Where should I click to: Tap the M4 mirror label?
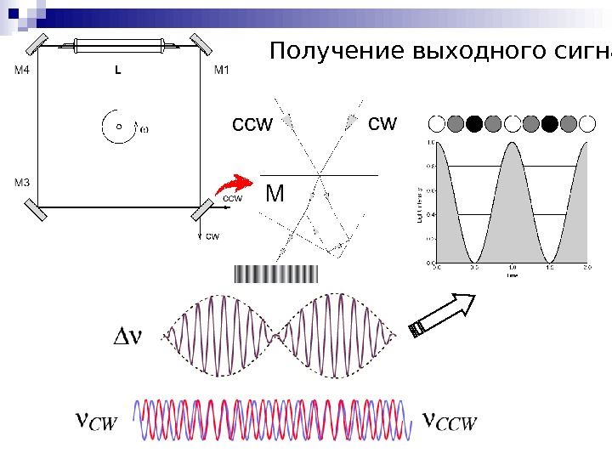pyautogui.click(x=21, y=71)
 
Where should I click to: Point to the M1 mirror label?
pyautogui.click(x=220, y=71)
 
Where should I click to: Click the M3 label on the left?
pyautogui.click(x=21, y=182)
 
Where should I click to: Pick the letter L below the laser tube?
pyautogui.click(x=118, y=71)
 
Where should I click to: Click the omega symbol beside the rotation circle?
pyautogui.click(x=144, y=129)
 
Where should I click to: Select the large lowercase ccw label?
pyautogui.click(x=252, y=125)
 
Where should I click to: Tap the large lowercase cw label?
pyautogui.click(x=382, y=123)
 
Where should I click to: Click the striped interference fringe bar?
pyautogui.click(x=275, y=274)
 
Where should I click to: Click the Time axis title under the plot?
pyautogui.click(x=512, y=275)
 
